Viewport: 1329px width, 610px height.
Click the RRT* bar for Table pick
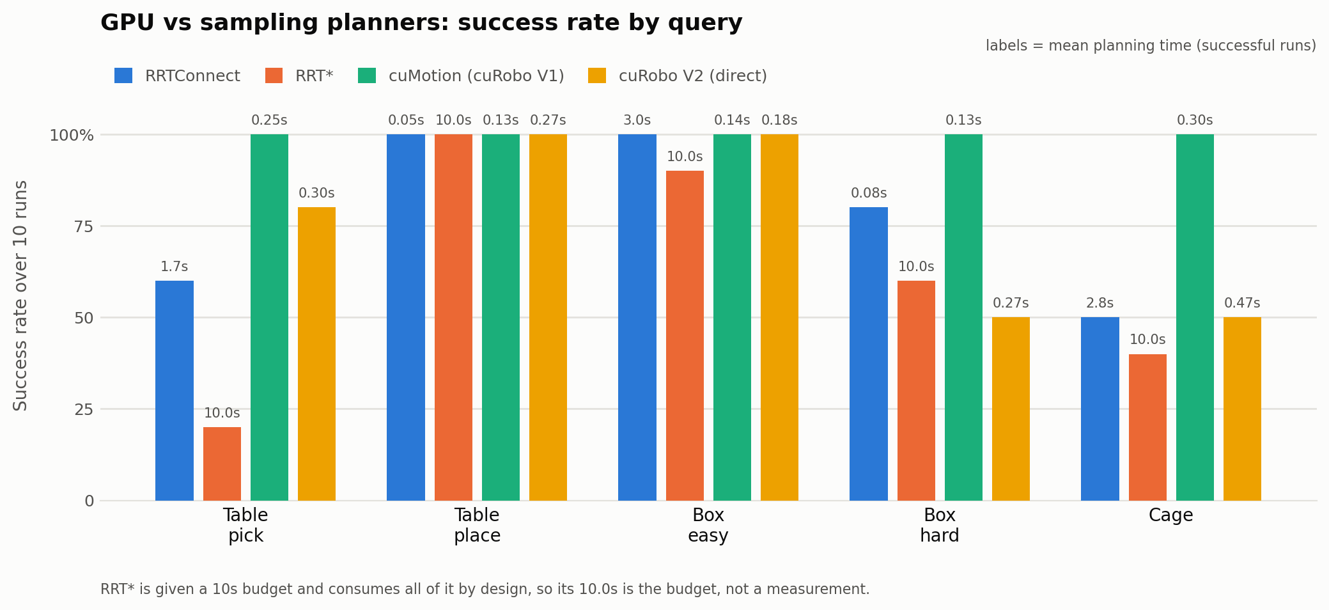(x=222, y=464)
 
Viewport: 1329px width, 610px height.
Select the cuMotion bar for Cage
(x=1195, y=317)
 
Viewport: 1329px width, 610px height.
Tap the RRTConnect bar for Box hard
(x=869, y=354)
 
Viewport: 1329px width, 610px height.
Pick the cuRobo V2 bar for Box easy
(x=779, y=317)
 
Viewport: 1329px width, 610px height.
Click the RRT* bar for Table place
(x=453, y=317)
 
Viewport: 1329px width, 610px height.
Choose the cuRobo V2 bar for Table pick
(x=316, y=354)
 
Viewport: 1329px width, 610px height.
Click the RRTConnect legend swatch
(x=123, y=75)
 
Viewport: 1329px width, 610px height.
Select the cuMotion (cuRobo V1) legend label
(x=476, y=76)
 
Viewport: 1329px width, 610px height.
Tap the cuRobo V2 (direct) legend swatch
(x=597, y=75)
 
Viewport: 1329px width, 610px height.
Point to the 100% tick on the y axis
(x=72, y=136)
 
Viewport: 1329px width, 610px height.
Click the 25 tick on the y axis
(x=84, y=409)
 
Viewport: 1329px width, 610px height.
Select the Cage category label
(x=1170, y=515)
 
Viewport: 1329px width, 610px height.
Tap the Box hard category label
(x=940, y=525)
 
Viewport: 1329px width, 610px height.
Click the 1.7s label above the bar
(x=174, y=267)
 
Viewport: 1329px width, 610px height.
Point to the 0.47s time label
(x=1242, y=303)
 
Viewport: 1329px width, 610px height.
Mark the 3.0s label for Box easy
(x=637, y=120)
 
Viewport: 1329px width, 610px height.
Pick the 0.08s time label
(x=869, y=193)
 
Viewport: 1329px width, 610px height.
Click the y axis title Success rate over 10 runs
(x=20, y=295)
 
